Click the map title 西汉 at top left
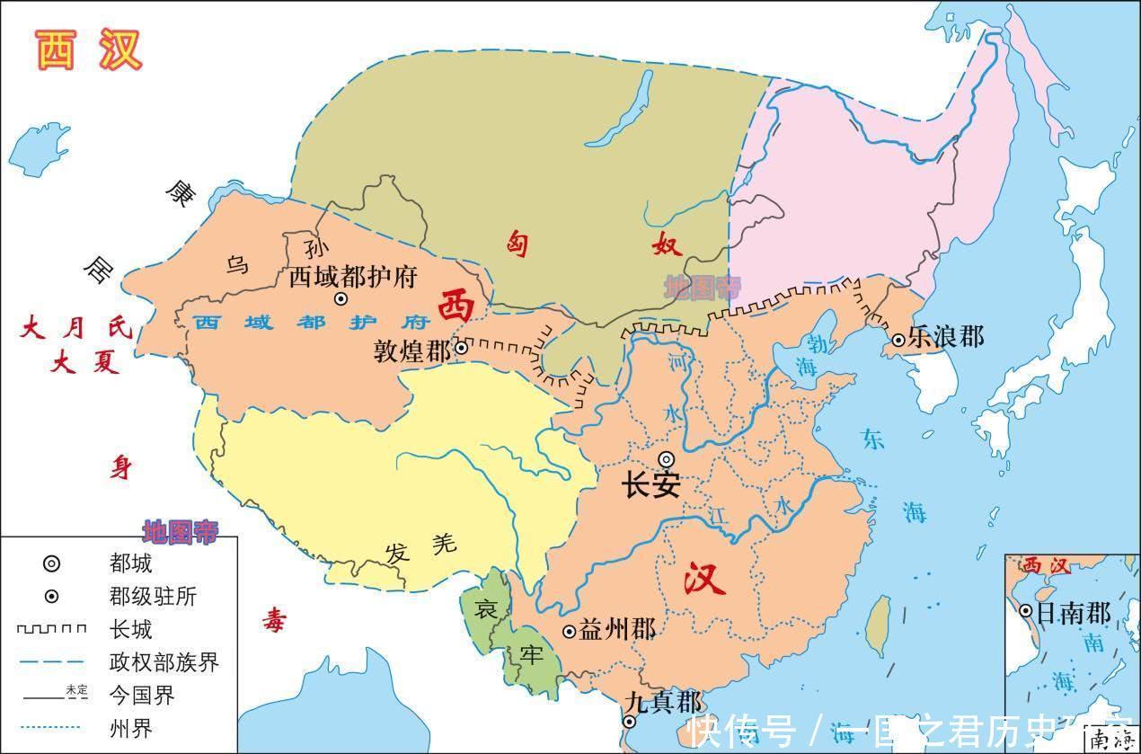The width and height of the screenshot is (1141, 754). [89, 50]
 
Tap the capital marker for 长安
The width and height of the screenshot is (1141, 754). [666, 458]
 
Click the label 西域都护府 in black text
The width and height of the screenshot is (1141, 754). [353, 276]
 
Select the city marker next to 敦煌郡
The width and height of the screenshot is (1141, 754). [461, 348]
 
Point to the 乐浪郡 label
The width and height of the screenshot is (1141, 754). [946, 338]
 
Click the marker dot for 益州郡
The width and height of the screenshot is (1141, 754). [569, 632]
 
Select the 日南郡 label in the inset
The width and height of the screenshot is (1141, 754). [1074, 613]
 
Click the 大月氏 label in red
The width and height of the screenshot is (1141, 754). [76, 328]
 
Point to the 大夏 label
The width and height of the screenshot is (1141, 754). [85, 364]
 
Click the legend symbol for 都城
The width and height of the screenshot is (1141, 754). [52, 564]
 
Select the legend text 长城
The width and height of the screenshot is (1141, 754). [130, 630]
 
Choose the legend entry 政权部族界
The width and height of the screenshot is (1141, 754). [164, 663]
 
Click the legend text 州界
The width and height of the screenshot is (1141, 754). [130, 728]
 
